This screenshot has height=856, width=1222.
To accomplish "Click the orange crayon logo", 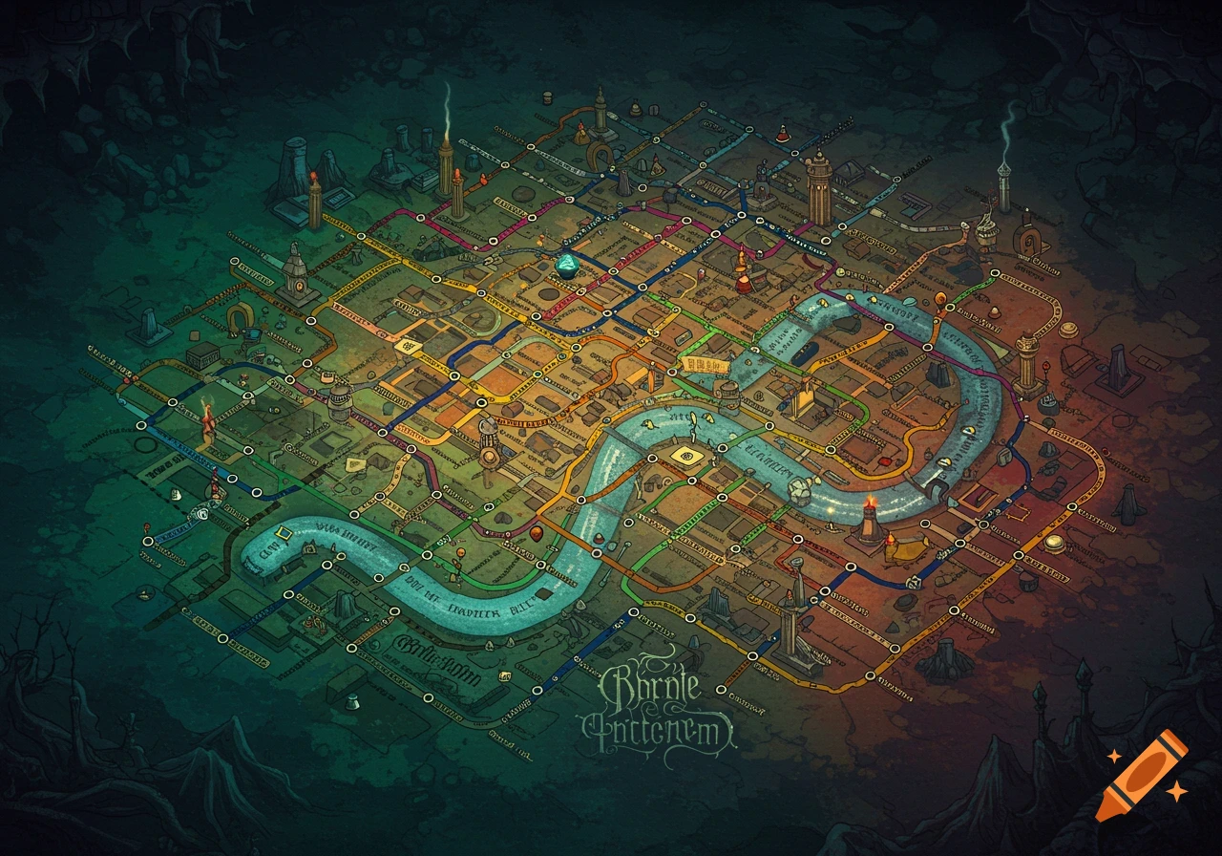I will pos(1142,776).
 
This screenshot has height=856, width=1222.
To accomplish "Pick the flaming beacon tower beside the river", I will pos(869,517).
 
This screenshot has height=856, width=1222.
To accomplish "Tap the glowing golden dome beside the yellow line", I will pos(1054,542).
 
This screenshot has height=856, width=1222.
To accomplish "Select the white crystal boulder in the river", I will pos(800,490).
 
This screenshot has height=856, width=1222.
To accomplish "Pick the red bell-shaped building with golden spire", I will pos(743,273).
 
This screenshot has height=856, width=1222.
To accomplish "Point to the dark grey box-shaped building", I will pos(202,355).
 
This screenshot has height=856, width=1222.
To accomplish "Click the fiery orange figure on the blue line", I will pos(206,422).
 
